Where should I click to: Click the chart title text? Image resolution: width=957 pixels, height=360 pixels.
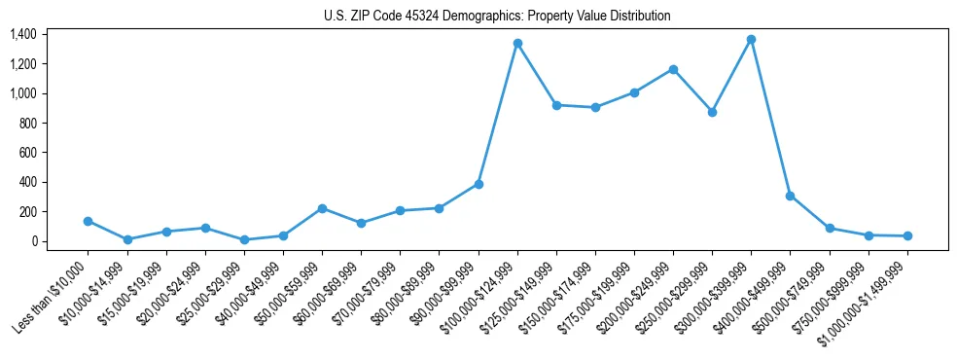coord(497,17)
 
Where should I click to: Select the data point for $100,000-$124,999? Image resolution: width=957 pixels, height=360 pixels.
coord(517,43)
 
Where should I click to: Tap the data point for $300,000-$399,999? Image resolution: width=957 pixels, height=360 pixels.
coord(751,39)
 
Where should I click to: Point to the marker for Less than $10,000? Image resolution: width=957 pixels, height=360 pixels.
coord(89,221)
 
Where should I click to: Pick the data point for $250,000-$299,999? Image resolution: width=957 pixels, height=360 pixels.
coord(712,112)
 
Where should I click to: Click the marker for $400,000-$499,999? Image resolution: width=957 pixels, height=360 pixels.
coord(790,196)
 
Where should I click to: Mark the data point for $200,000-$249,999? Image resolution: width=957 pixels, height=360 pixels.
coord(673,69)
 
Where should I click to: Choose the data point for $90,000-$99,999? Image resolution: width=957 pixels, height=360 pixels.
coord(478,184)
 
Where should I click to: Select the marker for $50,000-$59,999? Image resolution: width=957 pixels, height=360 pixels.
coord(322,208)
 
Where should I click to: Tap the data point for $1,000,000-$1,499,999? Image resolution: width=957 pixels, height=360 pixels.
coord(907,235)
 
